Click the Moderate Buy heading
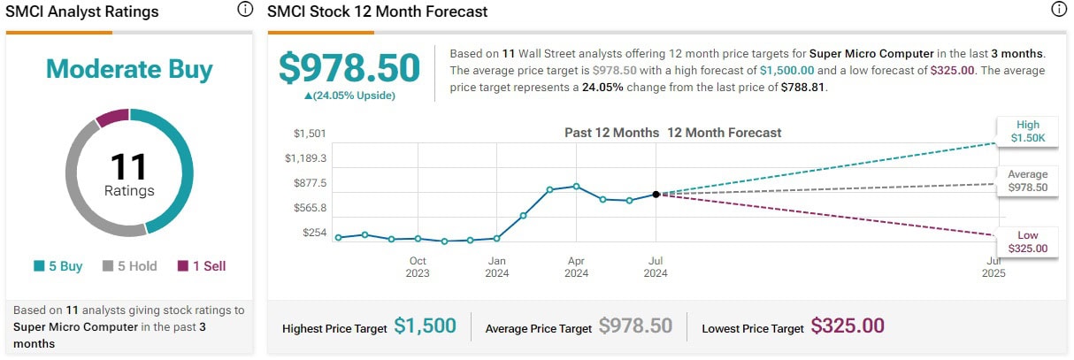129,69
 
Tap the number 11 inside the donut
129,167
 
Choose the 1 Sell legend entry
202,265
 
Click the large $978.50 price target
349,67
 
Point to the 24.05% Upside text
349,96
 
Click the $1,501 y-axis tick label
311,134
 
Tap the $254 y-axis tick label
315,233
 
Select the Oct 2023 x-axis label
418,266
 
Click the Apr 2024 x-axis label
576,266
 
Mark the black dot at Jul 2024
656,194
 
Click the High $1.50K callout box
1028,131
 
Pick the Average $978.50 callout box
1028,180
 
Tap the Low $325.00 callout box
1028,241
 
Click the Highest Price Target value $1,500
426,326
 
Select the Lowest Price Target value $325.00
848,326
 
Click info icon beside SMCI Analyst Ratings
245,11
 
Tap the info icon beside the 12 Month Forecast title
1059,11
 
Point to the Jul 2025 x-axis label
994,266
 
